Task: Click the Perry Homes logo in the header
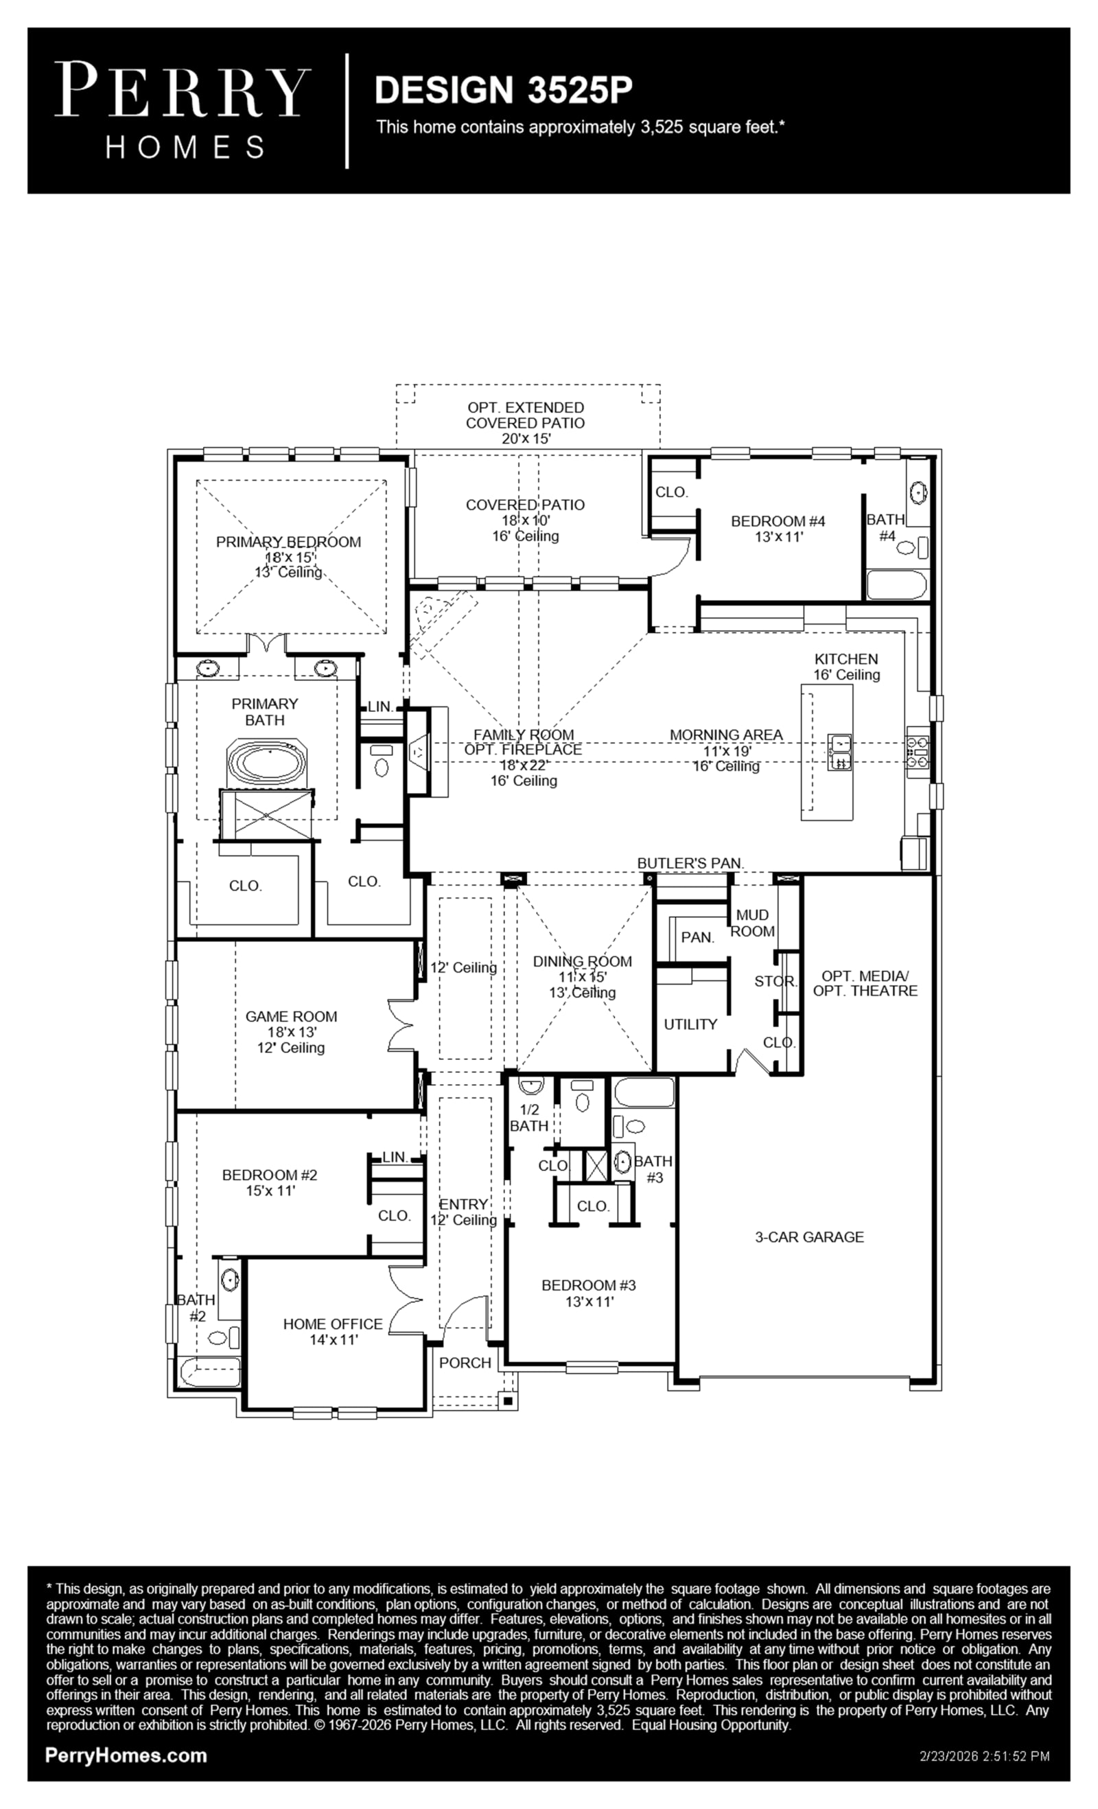[183, 111]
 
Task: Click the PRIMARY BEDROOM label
[288, 542]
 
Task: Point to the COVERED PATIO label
[525, 505]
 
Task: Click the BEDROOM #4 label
[778, 521]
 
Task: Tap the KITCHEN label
[845, 659]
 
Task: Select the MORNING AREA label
[726, 734]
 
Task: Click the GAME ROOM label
[292, 1016]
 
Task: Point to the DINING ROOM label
[582, 961]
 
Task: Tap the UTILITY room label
[690, 1024]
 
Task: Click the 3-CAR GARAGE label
[809, 1237]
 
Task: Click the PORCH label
[465, 1363]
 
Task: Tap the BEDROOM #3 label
[589, 1284]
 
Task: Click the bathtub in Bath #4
[896, 584]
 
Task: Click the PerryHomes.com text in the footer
[126, 1755]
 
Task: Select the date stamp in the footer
[984, 1756]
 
